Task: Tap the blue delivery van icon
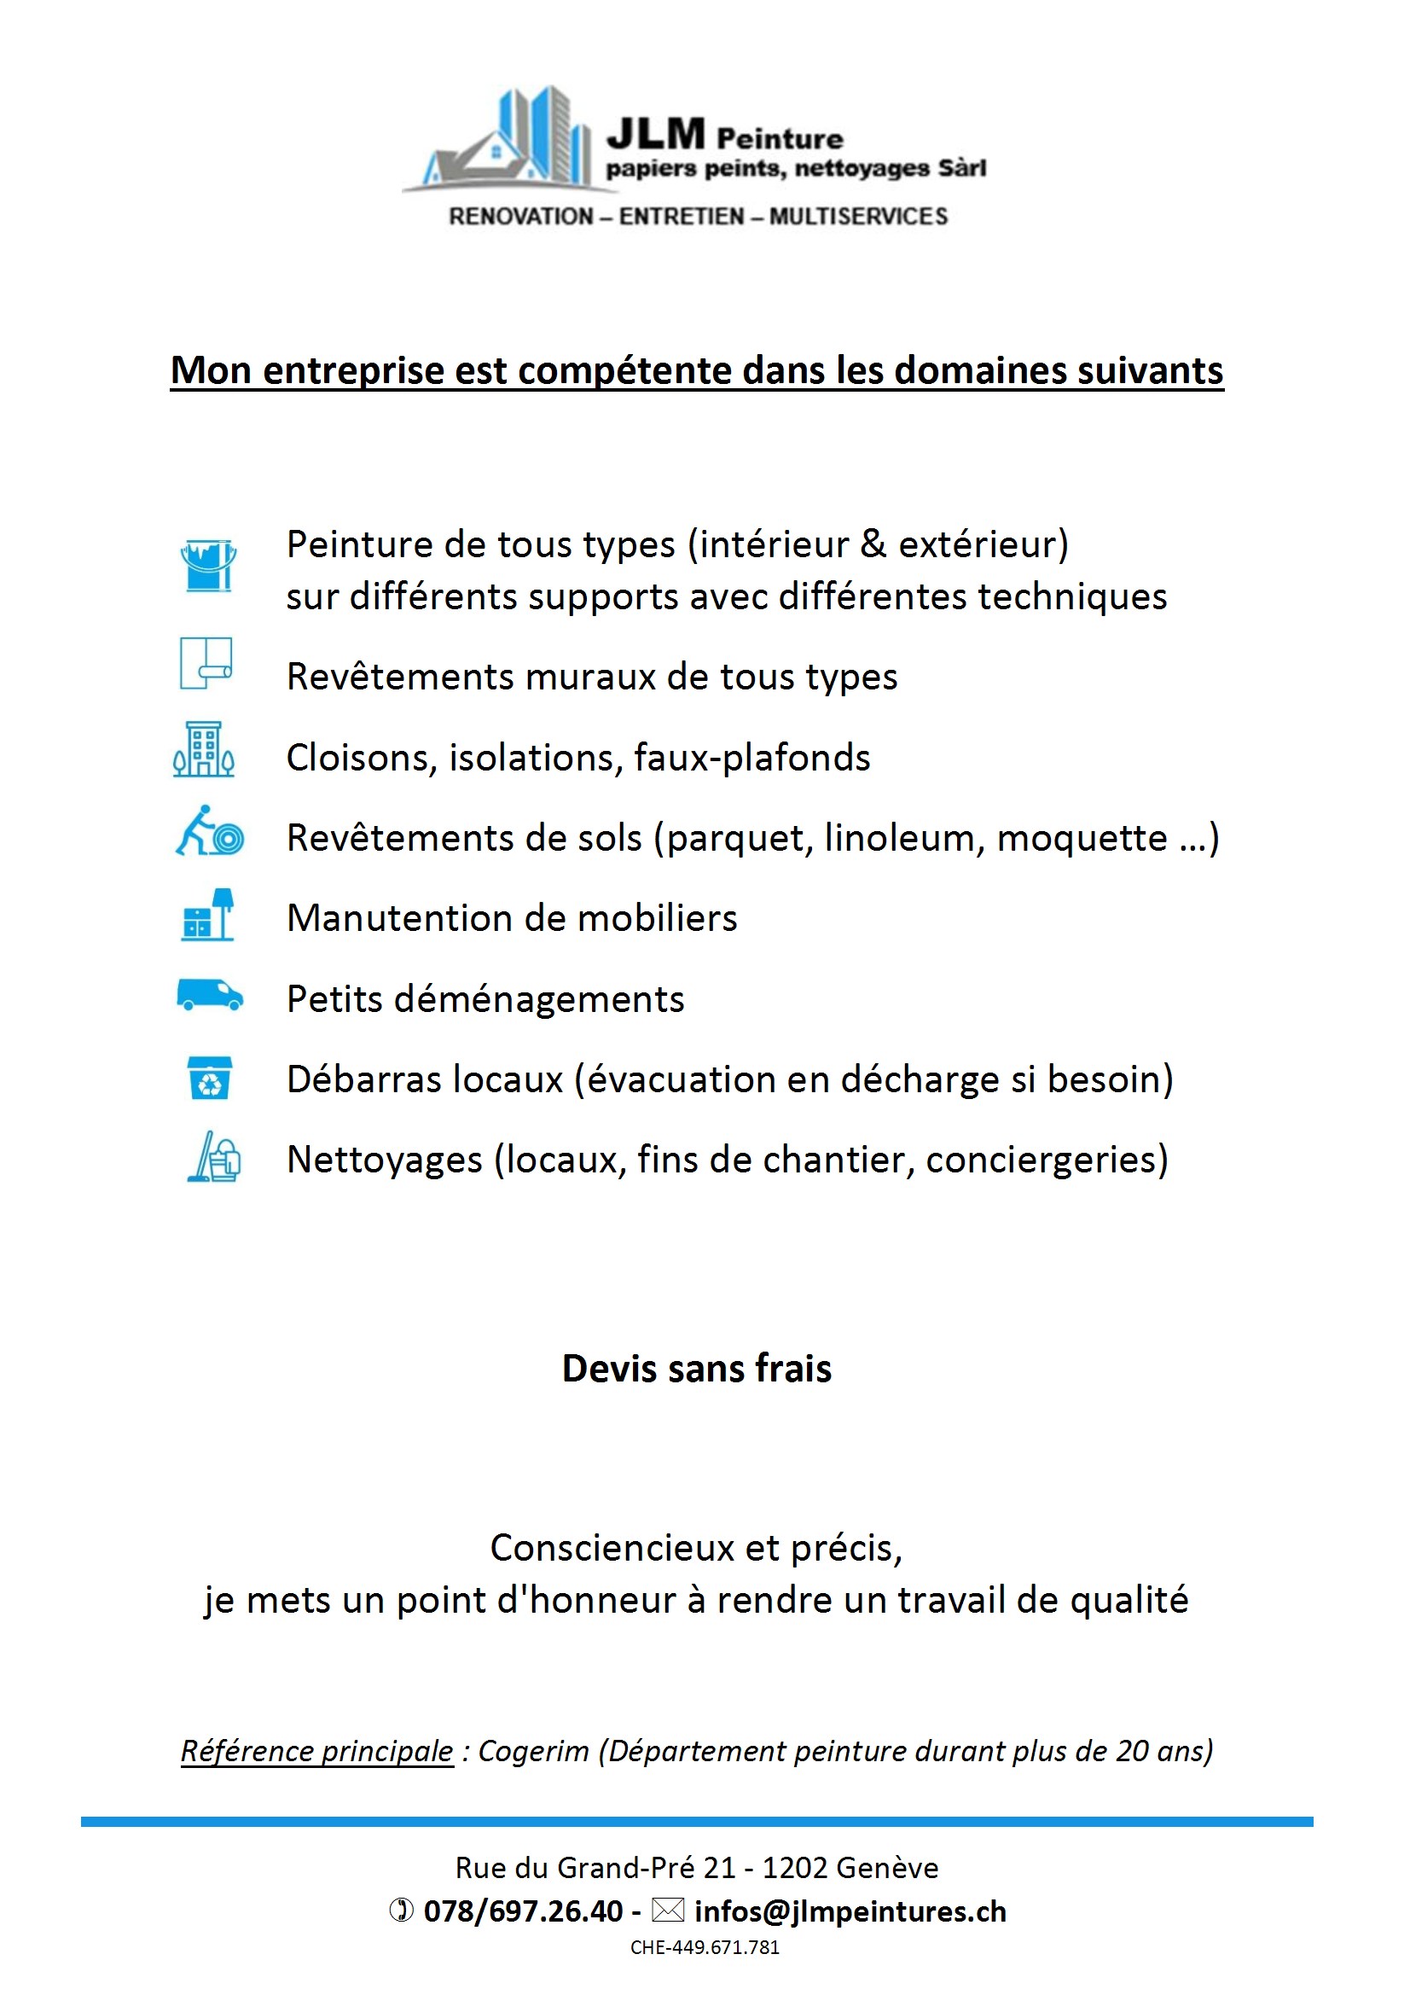[209, 995]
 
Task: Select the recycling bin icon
[209, 1078]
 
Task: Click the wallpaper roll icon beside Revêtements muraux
[206, 663]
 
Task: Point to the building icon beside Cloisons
[204, 748]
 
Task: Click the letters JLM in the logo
[655, 135]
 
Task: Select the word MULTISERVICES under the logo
[858, 217]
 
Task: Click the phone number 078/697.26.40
[523, 1911]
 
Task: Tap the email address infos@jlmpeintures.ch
[850, 1911]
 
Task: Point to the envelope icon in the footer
[668, 1910]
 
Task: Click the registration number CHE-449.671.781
[705, 1947]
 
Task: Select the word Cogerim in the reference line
[533, 1751]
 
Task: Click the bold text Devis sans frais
[697, 1369]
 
